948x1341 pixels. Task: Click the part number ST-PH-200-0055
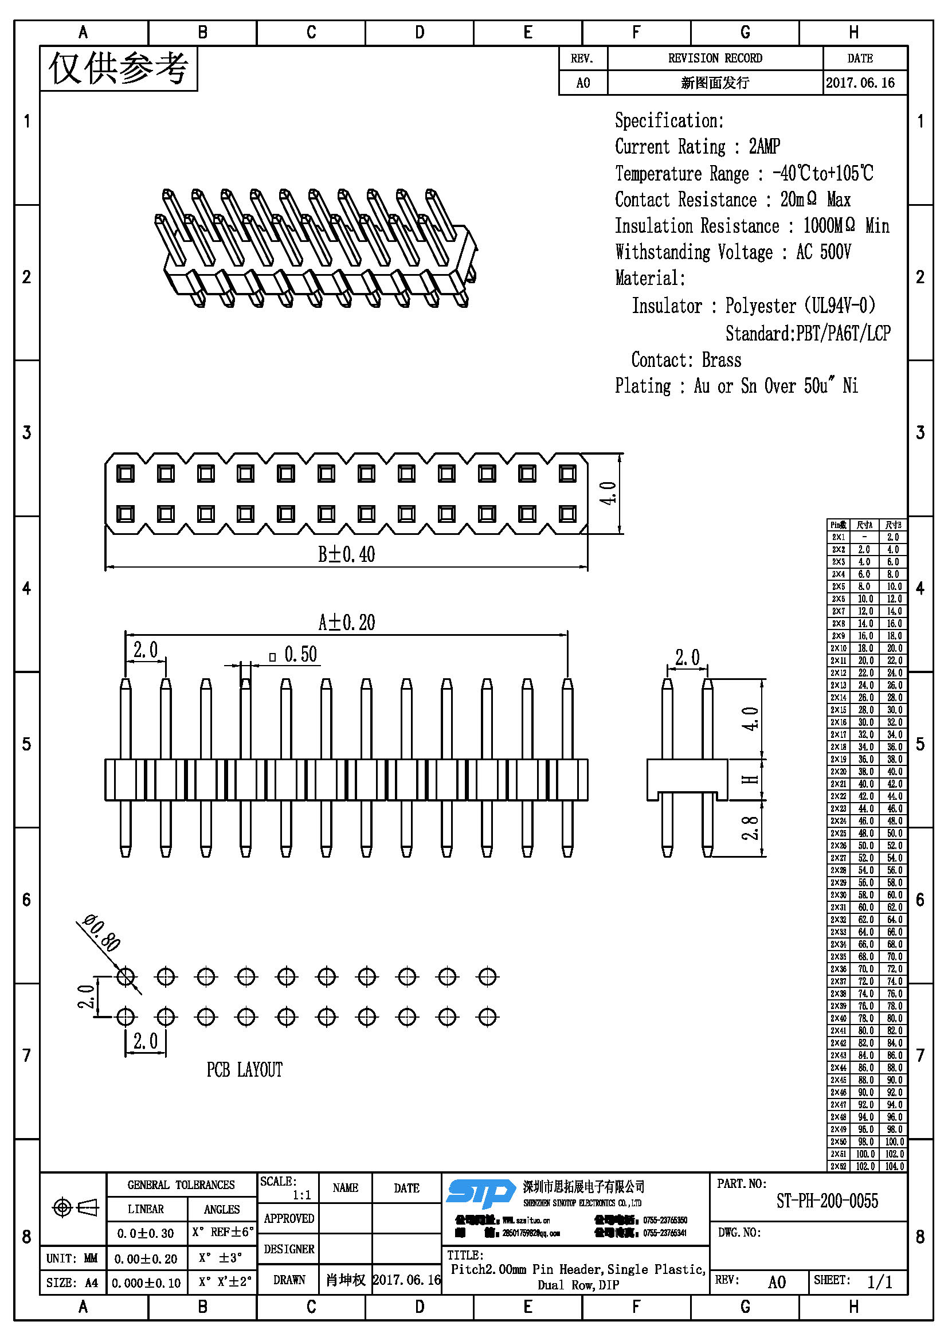[826, 1202]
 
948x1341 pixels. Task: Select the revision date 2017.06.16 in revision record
[860, 83]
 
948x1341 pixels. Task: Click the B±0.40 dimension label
[346, 554]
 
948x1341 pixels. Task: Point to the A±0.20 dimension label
[346, 623]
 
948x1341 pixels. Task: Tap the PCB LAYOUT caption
[245, 1070]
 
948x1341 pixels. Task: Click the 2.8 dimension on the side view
[750, 828]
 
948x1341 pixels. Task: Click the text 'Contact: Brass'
[686, 360]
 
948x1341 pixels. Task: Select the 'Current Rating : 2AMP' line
[697, 147]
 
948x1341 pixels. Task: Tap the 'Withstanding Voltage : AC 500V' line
[732, 252]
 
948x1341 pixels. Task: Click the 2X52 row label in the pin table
[839, 1166]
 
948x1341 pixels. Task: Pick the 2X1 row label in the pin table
[839, 537]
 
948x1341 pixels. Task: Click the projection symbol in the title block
[75, 1207]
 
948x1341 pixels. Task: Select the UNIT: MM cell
[72, 1258]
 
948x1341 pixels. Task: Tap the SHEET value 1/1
[880, 1282]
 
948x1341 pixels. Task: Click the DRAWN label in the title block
[289, 1280]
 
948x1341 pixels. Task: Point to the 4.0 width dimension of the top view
[608, 494]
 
